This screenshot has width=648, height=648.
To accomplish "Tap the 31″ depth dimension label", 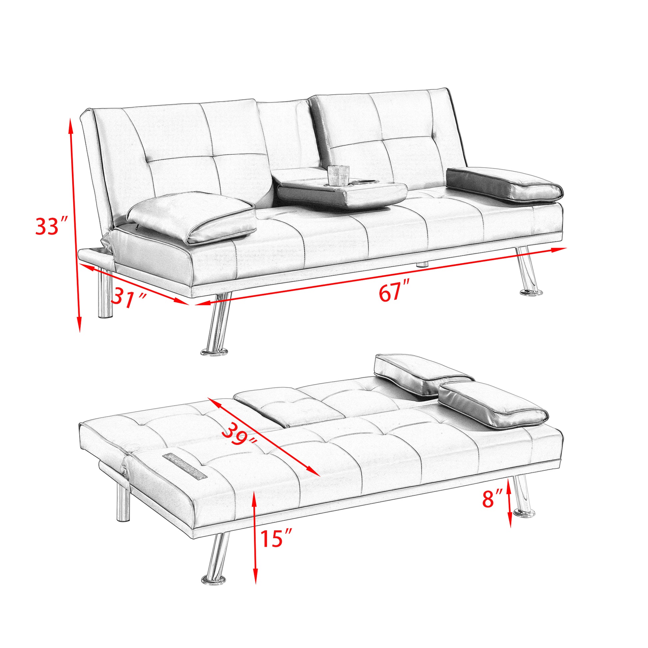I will [129, 296].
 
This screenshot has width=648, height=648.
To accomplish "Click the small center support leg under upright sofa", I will [422, 264].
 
